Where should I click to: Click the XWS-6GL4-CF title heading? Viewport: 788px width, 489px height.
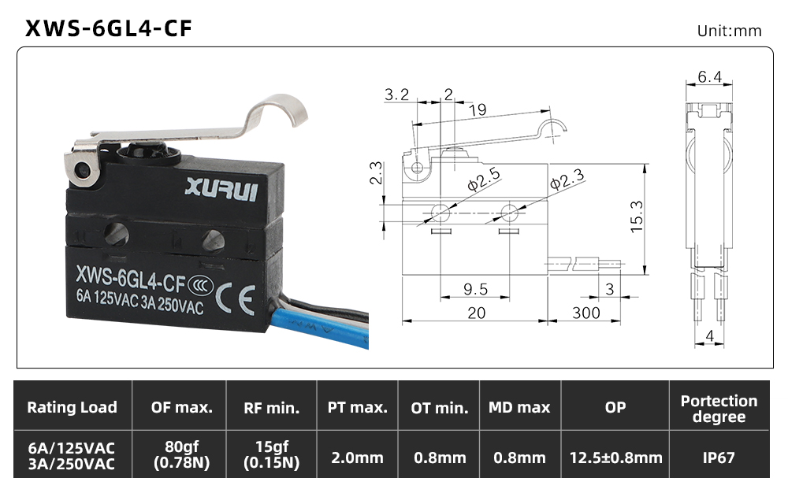coord(109,28)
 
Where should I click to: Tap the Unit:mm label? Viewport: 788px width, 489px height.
coord(729,31)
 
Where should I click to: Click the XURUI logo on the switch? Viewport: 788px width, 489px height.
coord(221,189)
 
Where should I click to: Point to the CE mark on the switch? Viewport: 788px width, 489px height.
coord(235,299)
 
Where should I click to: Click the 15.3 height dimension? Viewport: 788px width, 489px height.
coord(637,217)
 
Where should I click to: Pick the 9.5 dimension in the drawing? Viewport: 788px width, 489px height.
coord(475,289)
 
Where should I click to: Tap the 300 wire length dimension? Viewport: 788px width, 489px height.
coord(586,313)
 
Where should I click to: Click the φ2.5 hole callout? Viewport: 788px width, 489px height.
coord(484,180)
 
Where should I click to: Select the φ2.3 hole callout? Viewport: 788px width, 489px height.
coord(567,179)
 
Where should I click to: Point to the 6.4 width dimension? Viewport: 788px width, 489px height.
coord(710,76)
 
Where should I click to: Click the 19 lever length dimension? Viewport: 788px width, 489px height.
coord(478,109)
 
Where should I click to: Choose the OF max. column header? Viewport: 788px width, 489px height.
coord(181,407)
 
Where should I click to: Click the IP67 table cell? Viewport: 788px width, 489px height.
coord(719,458)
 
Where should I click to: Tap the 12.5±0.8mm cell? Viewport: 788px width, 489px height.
coord(615,458)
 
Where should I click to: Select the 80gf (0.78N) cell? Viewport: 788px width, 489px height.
coord(181,454)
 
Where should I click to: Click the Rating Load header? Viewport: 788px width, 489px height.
coord(72,407)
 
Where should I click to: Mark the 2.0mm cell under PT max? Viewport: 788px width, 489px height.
coord(357,458)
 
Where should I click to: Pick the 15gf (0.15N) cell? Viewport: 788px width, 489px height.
coord(271,454)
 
